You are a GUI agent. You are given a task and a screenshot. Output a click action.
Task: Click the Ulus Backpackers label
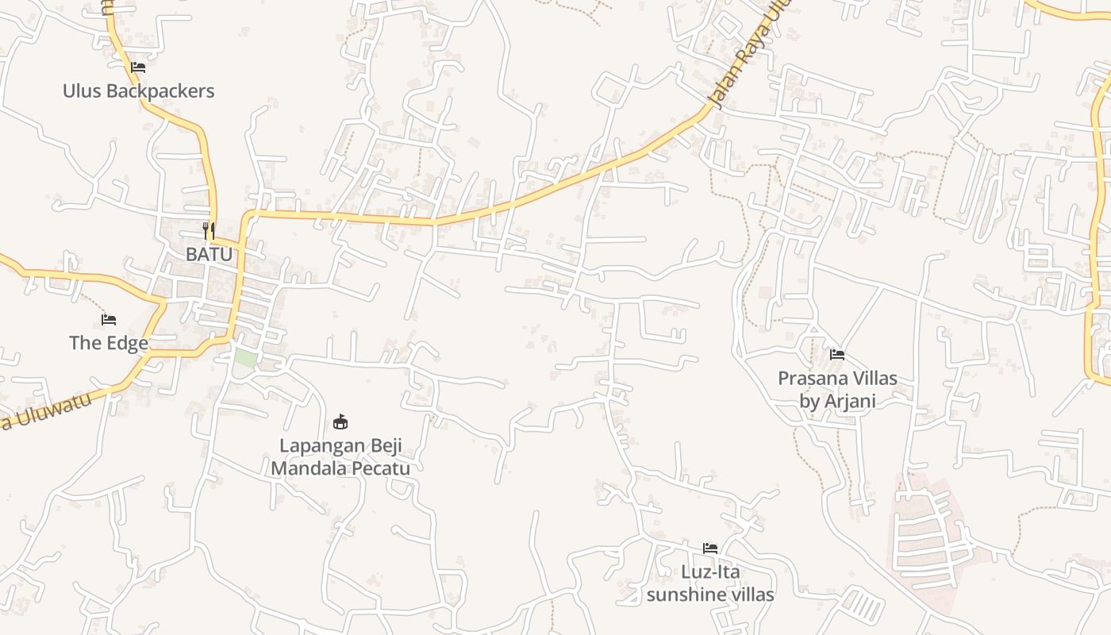[x=138, y=90]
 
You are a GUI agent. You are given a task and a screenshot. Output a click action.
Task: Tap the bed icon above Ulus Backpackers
[x=138, y=67]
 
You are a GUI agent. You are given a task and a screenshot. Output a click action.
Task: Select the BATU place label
[x=209, y=254]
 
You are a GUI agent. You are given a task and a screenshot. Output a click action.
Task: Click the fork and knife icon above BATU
[x=209, y=231]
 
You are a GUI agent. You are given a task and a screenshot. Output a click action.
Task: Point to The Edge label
[x=109, y=343]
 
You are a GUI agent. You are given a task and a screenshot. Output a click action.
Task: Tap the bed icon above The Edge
[x=109, y=320]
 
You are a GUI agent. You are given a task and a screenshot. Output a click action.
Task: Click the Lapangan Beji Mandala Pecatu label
[x=340, y=456]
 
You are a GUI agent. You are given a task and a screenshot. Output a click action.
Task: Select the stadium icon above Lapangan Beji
[x=340, y=421]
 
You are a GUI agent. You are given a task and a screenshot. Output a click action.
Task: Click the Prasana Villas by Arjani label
[x=837, y=389]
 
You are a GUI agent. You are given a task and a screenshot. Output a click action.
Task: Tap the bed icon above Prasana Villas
[x=837, y=355]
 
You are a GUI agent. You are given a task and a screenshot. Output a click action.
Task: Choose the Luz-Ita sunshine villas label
[x=710, y=583]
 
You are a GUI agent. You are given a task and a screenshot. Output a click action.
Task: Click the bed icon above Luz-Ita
[x=710, y=548]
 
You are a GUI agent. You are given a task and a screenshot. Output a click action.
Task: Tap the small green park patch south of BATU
[x=245, y=358]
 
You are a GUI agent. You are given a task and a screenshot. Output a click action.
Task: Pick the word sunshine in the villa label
[x=684, y=594]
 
